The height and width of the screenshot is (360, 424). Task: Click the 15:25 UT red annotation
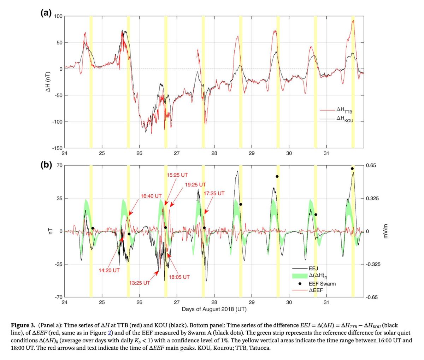click(x=177, y=175)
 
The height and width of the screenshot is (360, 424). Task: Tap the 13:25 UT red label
click(x=139, y=283)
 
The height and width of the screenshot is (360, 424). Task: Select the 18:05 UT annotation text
click(x=179, y=277)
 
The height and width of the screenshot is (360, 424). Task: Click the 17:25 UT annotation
click(x=214, y=193)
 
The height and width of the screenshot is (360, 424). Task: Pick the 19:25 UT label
click(x=195, y=184)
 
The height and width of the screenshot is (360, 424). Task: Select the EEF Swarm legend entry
click(x=322, y=284)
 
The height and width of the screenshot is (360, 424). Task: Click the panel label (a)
click(x=46, y=13)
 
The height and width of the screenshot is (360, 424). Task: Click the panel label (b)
click(x=46, y=165)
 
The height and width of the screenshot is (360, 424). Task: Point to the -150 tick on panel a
click(x=57, y=148)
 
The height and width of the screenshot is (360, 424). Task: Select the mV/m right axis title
click(x=386, y=231)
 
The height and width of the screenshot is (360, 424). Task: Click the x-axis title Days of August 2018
click(x=214, y=309)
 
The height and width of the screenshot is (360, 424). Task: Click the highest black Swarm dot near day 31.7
click(x=352, y=169)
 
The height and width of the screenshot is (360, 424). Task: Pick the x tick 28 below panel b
click(x=214, y=302)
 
